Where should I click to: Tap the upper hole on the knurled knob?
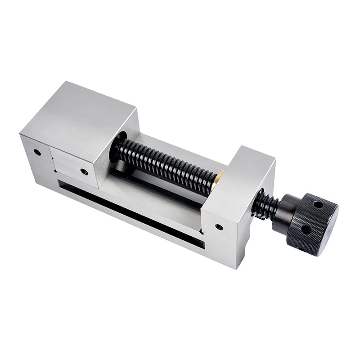(319, 204)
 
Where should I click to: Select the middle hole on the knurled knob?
(306, 229)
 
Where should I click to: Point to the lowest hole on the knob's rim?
(312, 248)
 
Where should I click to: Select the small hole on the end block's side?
(219, 227)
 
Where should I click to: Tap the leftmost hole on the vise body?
(37, 152)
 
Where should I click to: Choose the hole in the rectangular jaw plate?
(84, 171)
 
